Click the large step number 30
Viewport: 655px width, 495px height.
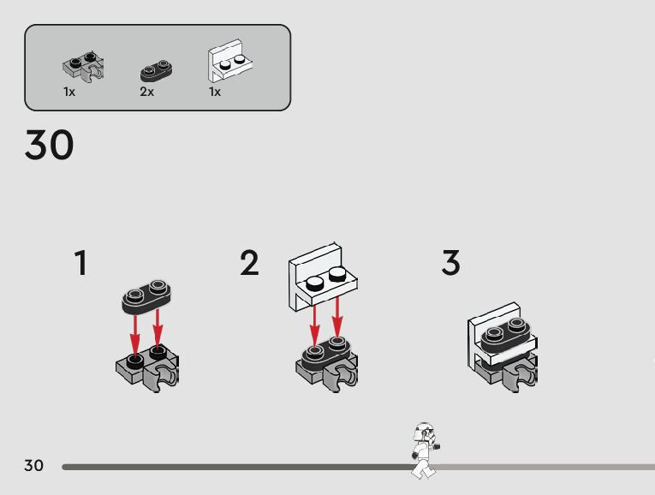49,146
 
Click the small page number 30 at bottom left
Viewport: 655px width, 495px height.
33,466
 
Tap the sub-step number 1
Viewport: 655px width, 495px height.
80,263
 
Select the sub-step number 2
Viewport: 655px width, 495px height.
249,263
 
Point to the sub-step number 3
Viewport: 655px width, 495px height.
451,263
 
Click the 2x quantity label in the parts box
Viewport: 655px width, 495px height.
146,92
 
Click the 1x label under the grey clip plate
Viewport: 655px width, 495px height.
69,92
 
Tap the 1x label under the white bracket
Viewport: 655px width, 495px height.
215,92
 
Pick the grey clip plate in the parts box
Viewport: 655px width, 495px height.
84,67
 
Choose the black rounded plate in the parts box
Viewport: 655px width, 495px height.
156,69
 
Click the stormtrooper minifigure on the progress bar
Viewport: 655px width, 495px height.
423,450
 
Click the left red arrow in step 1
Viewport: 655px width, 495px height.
134,332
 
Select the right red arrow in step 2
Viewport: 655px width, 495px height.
337,316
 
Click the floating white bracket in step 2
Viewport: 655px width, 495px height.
321,274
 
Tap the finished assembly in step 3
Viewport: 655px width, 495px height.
503,346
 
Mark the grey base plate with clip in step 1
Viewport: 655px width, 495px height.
148,367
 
